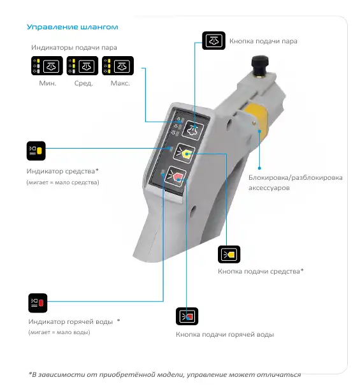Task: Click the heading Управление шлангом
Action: [x=72, y=27]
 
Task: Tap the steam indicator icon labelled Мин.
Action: [x=47, y=66]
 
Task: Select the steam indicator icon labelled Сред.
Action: [x=82, y=66]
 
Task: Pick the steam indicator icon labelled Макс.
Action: [x=118, y=66]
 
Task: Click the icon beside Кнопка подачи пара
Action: [x=213, y=40]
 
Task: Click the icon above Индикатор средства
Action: [x=36, y=151]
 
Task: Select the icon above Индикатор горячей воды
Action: [x=38, y=303]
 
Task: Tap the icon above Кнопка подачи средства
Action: [x=229, y=254]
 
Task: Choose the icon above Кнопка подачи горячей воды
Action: [x=187, y=316]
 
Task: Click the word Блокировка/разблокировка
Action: [x=296, y=178]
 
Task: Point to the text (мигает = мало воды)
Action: [x=59, y=332]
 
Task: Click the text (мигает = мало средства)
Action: [x=62, y=182]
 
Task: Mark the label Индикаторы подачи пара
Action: [x=74, y=47]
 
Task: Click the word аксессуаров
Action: [x=269, y=187]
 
